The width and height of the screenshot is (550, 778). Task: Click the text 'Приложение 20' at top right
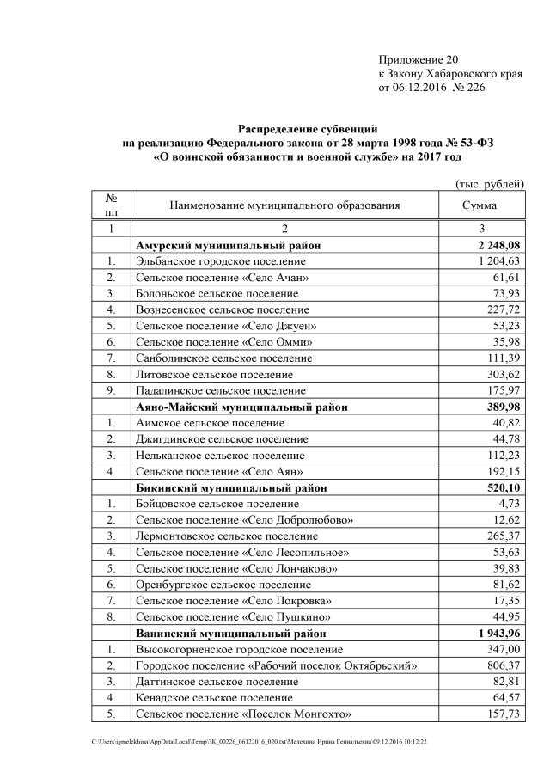(x=419, y=60)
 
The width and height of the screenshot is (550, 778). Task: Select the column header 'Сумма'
(x=479, y=206)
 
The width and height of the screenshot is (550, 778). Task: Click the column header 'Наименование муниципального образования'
(x=284, y=206)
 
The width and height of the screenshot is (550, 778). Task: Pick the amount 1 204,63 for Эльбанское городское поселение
(x=496, y=261)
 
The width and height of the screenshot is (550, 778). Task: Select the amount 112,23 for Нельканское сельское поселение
(x=501, y=456)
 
